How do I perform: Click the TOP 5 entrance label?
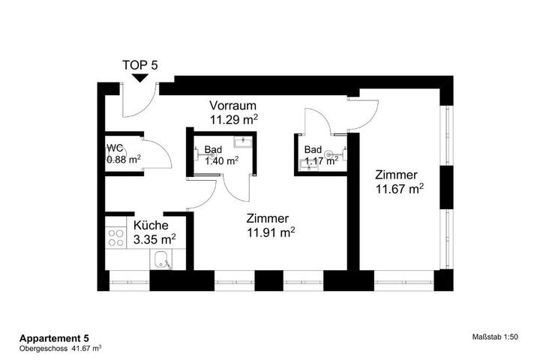click(140, 65)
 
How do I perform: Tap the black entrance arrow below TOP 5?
click(140, 79)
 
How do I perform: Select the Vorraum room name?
click(233, 106)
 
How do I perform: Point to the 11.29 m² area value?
click(234, 119)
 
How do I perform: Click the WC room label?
click(115, 148)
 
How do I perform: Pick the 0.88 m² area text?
click(124, 160)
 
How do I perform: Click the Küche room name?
click(151, 225)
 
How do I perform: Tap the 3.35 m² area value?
click(154, 239)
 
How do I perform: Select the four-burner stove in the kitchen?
click(116, 238)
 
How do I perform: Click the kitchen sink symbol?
click(160, 259)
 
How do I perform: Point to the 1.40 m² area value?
click(222, 161)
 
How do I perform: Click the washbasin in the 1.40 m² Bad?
click(243, 142)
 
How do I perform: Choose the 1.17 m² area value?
click(322, 160)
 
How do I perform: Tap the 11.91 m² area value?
click(271, 232)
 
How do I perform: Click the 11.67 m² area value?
click(400, 189)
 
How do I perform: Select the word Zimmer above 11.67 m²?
click(397, 175)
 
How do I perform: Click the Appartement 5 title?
click(54, 338)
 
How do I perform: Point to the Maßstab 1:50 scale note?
click(495, 337)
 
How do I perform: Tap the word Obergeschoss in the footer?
click(43, 348)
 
